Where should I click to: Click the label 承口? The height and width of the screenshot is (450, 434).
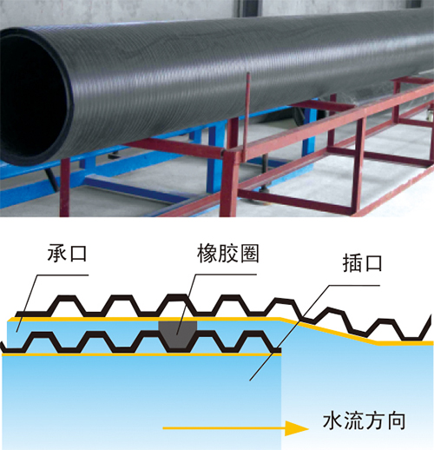pyautogui.click(x=67, y=253)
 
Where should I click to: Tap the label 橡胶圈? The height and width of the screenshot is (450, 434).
pyautogui.click(x=228, y=254)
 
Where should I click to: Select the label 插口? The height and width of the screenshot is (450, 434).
pyautogui.click(x=362, y=263)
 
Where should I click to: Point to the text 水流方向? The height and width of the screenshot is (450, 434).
pyautogui.click(x=364, y=420)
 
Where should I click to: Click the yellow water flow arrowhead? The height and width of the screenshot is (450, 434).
pyautogui.click(x=297, y=428)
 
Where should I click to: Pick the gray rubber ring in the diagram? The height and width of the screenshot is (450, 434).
pyautogui.click(x=178, y=334)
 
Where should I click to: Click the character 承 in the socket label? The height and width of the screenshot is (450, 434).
pyautogui.click(x=57, y=253)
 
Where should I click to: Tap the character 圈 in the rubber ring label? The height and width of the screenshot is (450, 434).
pyautogui.click(x=249, y=254)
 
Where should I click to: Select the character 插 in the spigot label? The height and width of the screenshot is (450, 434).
pyautogui.click(x=352, y=263)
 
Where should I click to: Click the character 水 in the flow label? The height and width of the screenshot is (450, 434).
pyautogui.click(x=332, y=420)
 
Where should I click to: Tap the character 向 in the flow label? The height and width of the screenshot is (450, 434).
pyautogui.click(x=396, y=421)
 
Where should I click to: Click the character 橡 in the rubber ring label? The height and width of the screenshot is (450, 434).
pyautogui.click(x=207, y=254)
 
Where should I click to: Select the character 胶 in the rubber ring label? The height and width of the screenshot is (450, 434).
pyautogui.click(x=228, y=254)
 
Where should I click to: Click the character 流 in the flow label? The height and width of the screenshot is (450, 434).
pyautogui.click(x=353, y=420)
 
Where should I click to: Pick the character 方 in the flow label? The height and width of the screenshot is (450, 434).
pyautogui.click(x=375, y=420)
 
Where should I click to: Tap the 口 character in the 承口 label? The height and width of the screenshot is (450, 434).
pyautogui.click(x=78, y=253)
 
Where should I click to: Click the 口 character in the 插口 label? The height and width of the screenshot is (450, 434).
pyautogui.click(x=373, y=263)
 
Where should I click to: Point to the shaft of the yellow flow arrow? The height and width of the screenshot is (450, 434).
pyautogui.click(x=224, y=428)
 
